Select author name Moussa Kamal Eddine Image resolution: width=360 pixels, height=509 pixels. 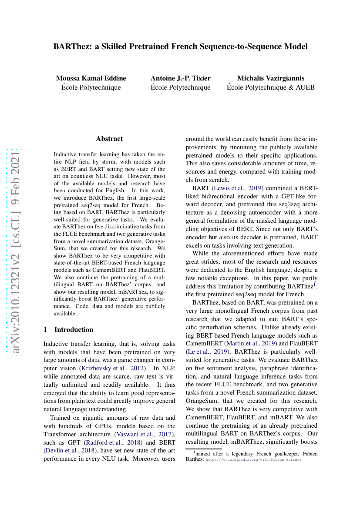pyautogui.click(x=91, y=78)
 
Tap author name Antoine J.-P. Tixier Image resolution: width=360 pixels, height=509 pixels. pyautogui.click(x=180, y=78)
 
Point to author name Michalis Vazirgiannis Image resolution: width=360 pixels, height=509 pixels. pyautogui.click(x=270, y=78)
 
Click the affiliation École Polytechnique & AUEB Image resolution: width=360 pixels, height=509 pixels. pyautogui.click(x=270, y=87)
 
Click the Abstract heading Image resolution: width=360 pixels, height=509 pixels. pyautogui.click(x=109, y=139)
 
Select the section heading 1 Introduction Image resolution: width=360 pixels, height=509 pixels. pyautogui.click(x=68, y=329)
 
